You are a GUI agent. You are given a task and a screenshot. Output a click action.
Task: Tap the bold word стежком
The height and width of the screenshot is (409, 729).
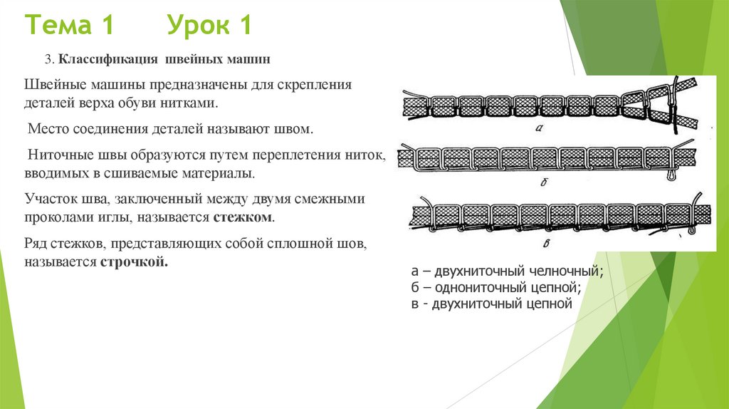click(x=243, y=216)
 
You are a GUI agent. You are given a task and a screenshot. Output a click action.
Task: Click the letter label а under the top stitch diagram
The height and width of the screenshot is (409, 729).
click(x=539, y=128)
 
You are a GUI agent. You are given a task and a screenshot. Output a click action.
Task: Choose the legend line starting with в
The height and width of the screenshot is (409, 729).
click(x=492, y=304)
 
